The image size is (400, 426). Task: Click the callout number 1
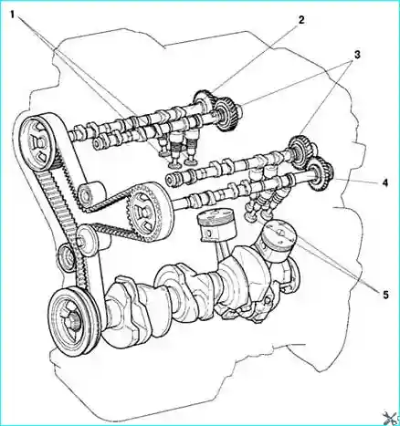13,14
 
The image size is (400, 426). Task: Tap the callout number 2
300,20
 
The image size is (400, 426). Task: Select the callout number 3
357,55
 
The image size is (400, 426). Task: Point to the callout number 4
385,182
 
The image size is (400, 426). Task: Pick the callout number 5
385,294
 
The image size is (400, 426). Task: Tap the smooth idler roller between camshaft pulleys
91,194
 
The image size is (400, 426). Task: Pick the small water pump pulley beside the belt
66,257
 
